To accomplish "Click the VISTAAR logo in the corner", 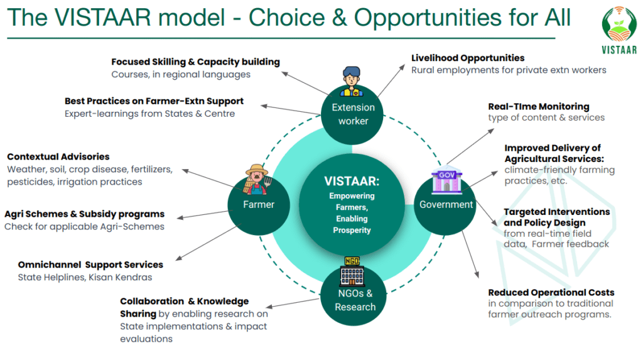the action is coord(619,30).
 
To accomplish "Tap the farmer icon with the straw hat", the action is coord(257,180).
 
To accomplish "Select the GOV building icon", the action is coord(446,181).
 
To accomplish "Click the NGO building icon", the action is coord(352,271).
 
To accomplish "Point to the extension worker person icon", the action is coord(352,81).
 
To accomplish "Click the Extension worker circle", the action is coord(352,114).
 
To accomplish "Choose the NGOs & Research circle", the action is coord(354,297).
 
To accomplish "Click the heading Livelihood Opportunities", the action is coord(468,58).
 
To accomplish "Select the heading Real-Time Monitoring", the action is coord(538,106).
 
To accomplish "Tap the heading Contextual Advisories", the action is coord(58,156).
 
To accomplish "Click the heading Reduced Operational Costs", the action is coord(551,292).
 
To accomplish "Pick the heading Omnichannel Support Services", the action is coord(90,265).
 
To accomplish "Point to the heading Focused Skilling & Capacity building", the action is coord(196,62).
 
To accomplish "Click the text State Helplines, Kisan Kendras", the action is coord(85,278).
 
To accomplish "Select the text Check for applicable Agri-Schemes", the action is coord(85,227).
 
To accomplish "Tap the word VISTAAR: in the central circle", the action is coord(352,181).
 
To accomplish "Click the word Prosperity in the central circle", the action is coord(352,231).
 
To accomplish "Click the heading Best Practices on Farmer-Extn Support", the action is coord(154,101).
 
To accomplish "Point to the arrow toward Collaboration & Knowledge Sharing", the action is coord(293,303).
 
